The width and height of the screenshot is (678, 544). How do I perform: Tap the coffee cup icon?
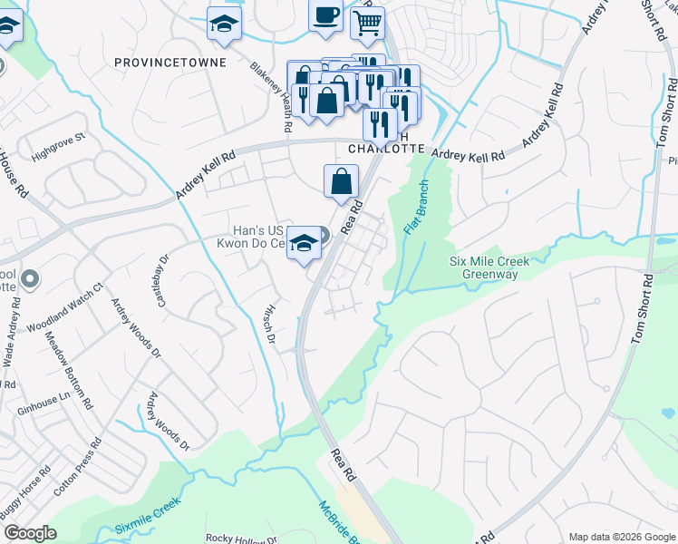(x=325, y=16)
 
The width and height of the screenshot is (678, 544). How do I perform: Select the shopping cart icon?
(x=367, y=25)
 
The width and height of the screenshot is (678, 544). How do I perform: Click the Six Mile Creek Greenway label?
(x=489, y=267)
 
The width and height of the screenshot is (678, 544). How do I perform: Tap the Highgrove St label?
(x=57, y=143)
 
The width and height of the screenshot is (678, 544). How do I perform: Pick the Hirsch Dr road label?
(x=268, y=323)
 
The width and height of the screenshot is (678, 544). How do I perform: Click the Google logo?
(x=30, y=533)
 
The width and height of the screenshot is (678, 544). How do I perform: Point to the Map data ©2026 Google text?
(x=621, y=537)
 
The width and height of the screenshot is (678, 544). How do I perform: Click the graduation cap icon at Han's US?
(x=305, y=243)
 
